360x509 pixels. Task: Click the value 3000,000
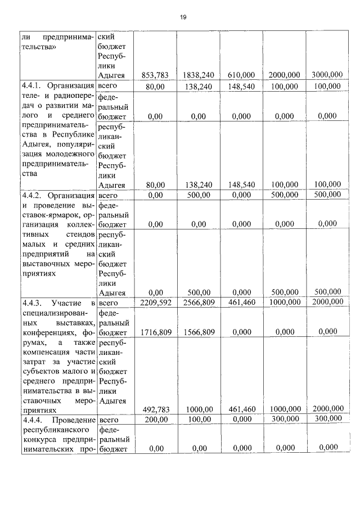click(327, 75)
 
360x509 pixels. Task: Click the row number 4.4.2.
click(34, 195)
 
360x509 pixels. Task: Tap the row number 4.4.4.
click(34, 420)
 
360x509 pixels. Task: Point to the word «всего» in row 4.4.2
click(109, 195)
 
